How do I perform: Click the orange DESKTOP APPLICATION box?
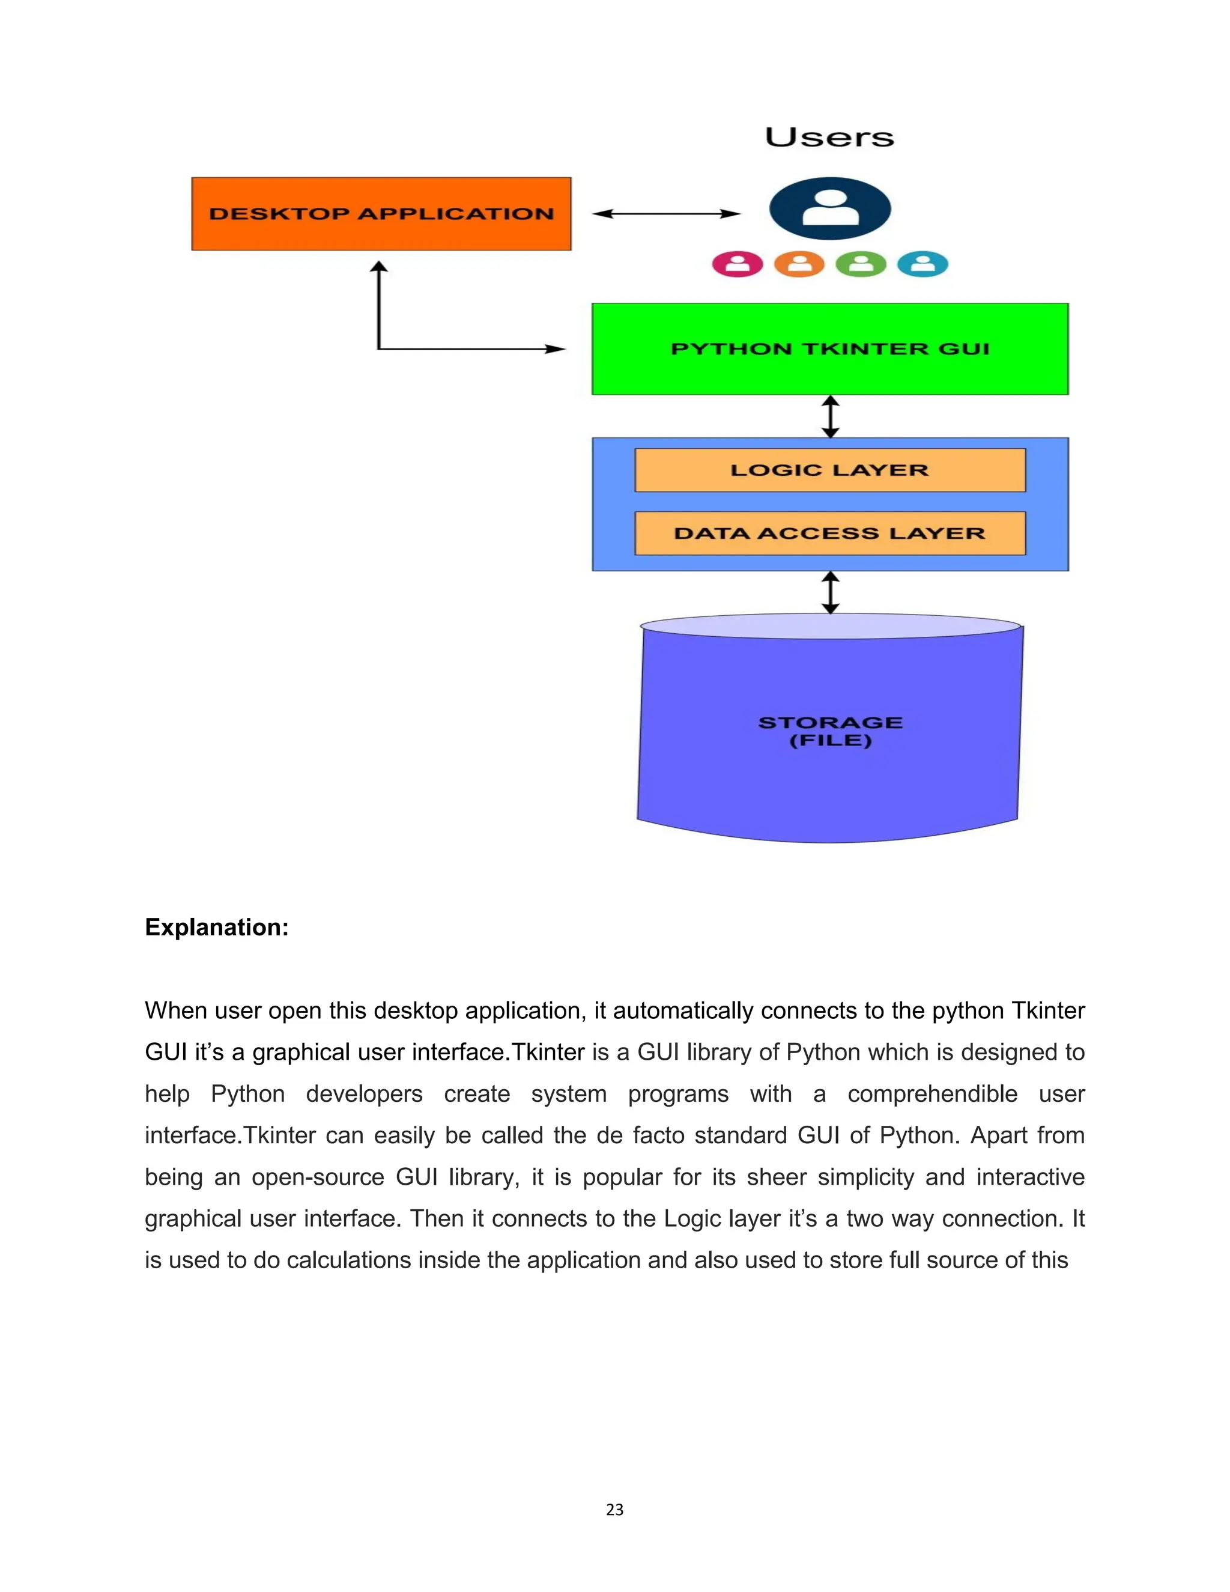[x=381, y=214]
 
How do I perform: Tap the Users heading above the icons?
[x=829, y=137]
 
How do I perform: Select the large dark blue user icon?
[x=830, y=208]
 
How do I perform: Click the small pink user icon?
[x=738, y=264]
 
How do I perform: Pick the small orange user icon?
[x=799, y=264]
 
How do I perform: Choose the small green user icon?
[x=861, y=264]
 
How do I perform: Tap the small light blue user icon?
[x=922, y=264]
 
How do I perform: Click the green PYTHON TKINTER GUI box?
[x=830, y=348]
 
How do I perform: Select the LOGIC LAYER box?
[x=830, y=470]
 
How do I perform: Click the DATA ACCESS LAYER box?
[x=830, y=533]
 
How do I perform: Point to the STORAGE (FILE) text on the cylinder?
[x=830, y=731]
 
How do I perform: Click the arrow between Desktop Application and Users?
[x=666, y=214]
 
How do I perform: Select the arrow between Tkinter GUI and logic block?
[x=831, y=416]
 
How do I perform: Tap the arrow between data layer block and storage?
[x=831, y=592]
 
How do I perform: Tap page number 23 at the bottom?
[x=614, y=1510]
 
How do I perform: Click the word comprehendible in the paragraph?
[x=932, y=1093]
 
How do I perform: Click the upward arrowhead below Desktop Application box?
[x=379, y=267]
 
